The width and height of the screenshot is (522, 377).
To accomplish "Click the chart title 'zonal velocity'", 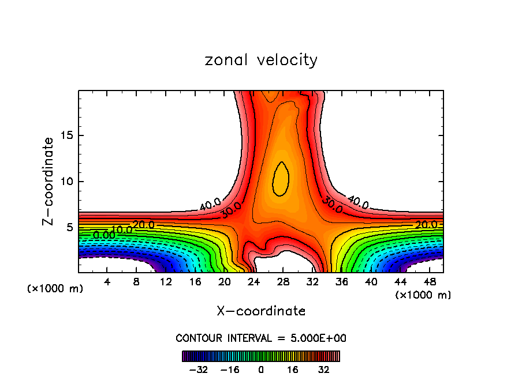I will tap(261, 60).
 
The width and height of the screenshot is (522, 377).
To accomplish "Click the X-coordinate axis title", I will tap(261, 311).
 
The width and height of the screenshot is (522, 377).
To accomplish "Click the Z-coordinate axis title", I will tap(49, 181).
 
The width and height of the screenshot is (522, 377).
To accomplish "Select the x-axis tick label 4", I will tap(107, 282).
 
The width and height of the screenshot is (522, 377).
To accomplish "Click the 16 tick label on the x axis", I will tap(195, 282).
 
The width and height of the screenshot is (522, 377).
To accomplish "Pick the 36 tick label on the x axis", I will tap(342, 282).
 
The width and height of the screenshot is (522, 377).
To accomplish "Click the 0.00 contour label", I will tap(103, 235).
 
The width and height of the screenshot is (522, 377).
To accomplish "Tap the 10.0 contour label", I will tap(122, 229).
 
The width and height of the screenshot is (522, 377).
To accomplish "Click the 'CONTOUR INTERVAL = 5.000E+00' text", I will tap(261, 338).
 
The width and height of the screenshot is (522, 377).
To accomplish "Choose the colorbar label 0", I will tap(261, 369).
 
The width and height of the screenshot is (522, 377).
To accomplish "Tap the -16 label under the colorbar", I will tap(229, 369).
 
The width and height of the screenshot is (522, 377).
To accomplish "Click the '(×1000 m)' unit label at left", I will tap(55, 289).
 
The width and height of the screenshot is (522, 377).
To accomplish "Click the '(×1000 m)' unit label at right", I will tap(423, 295).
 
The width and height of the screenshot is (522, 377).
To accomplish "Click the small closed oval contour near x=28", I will tap(281, 179).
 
